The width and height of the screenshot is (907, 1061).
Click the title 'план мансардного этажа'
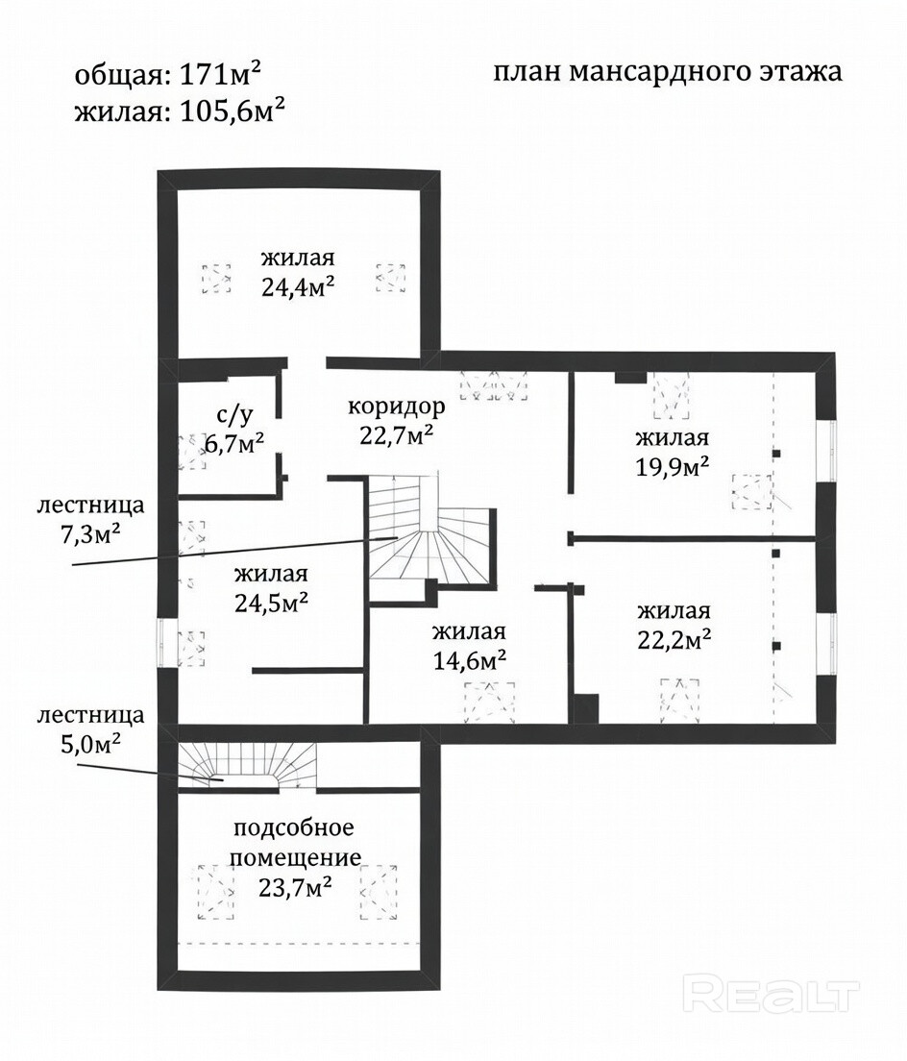668,73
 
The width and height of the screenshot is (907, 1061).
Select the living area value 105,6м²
231,111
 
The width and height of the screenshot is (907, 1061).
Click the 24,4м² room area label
298,286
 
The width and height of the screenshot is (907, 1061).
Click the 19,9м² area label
673,466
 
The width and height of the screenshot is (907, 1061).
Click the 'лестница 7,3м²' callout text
90,519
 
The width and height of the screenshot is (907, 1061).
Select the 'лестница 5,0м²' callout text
91,730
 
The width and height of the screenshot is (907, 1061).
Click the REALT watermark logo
772,990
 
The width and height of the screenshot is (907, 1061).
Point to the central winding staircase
423,538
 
